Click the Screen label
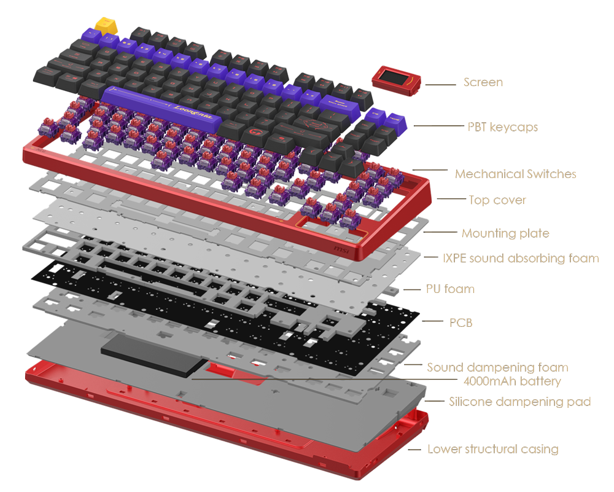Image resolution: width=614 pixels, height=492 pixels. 482,82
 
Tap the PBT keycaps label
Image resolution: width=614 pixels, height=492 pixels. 502,128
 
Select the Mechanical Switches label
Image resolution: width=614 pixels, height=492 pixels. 515,174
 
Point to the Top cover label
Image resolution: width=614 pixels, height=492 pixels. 497,200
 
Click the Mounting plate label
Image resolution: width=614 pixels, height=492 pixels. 505,233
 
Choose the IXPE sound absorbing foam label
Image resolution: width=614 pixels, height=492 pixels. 519,259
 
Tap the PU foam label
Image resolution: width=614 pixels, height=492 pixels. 450,289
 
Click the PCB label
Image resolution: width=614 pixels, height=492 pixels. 460,322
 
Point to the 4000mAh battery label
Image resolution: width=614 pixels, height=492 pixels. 509,381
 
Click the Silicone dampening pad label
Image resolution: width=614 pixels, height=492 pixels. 519,402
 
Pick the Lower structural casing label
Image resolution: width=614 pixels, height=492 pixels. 493,449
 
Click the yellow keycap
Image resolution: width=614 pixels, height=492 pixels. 106,25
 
